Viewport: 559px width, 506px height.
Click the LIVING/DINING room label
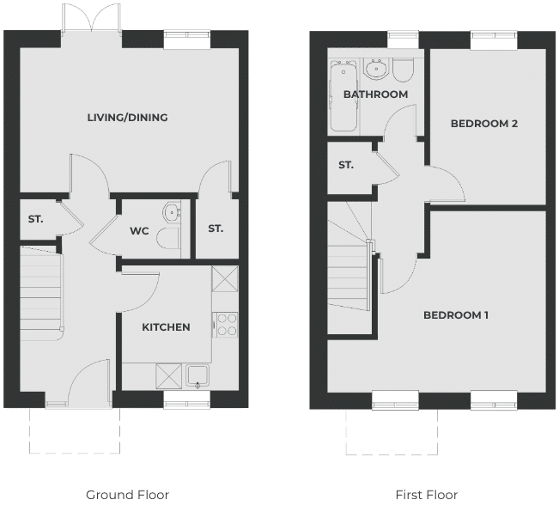[128, 118]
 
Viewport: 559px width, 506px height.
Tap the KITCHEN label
[166, 327]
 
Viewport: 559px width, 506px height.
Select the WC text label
[139, 231]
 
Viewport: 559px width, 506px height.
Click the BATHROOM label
[376, 94]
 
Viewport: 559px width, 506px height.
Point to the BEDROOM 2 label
[484, 124]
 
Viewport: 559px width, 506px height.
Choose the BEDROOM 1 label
[456, 315]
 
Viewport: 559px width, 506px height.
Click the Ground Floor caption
[127, 495]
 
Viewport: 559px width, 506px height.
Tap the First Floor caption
[427, 495]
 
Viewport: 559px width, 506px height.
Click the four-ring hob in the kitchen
[225, 325]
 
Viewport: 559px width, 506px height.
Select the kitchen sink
[197, 376]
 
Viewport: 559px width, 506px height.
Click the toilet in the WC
[168, 238]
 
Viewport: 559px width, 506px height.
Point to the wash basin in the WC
[172, 212]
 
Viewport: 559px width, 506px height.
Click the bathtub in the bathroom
[343, 96]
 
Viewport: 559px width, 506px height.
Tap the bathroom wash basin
[375, 68]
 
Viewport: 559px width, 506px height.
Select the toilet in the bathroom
[403, 70]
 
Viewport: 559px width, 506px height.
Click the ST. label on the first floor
[346, 165]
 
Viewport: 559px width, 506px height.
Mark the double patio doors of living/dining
[92, 19]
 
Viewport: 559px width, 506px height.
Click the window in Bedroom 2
[494, 40]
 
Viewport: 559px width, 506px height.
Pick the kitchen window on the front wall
[187, 399]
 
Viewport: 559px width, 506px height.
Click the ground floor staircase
[42, 293]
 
